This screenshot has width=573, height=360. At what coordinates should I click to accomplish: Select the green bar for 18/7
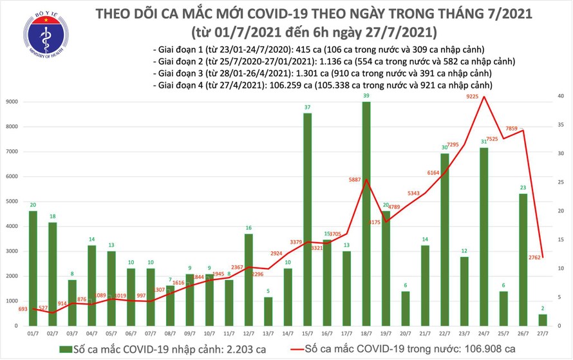tap(366, 213)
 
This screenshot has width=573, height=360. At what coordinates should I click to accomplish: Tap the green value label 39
tap(366, 95)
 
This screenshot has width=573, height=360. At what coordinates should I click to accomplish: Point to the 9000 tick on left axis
tap(13, 102)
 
